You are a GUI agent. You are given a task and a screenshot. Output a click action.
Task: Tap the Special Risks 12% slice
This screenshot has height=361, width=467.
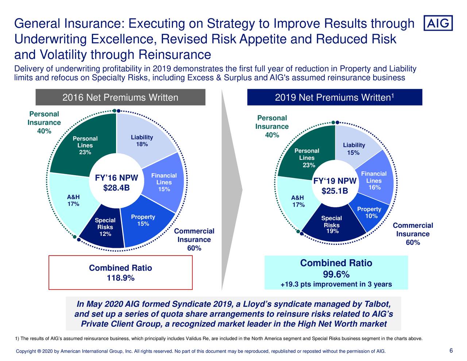coord(104,230)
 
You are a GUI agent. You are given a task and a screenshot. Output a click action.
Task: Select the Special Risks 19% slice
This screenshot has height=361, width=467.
coord(332,226)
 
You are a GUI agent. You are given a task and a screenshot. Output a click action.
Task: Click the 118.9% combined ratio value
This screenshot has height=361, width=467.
coord(120,278)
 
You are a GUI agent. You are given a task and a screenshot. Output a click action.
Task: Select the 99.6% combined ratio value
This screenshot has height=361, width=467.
coord(336,274)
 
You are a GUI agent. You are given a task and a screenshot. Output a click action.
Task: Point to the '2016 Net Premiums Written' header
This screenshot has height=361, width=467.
coord(120,97)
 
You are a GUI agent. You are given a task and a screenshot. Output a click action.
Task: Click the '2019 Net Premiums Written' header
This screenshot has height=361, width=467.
coord(335,97)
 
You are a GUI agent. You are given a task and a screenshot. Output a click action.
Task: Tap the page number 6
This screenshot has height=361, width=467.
coord(451,351)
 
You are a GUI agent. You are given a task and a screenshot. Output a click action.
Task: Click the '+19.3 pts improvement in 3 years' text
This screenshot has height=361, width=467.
coord(336,284)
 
